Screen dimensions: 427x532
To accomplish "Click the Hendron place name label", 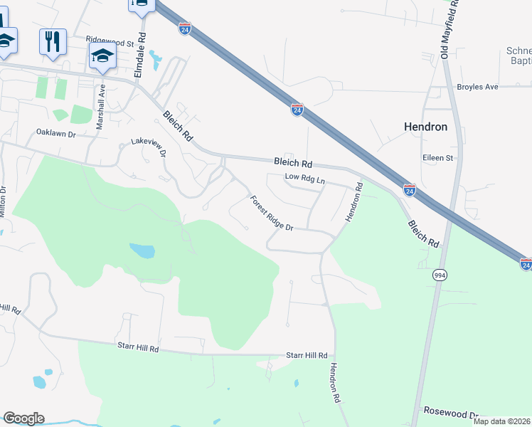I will pos(425,127).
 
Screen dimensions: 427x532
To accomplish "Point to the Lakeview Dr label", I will pos(149,147).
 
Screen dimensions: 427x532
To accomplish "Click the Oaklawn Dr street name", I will pos(55,132).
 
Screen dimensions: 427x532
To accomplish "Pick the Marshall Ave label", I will pos(101,107).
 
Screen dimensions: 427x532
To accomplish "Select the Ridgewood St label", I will pos(110,43).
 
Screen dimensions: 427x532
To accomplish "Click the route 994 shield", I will pos(440,275).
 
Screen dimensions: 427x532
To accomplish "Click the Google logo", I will pos(23,418).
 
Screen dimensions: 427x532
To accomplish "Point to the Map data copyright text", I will pos(501,421).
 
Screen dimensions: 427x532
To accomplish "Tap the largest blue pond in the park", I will pos(142,251).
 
